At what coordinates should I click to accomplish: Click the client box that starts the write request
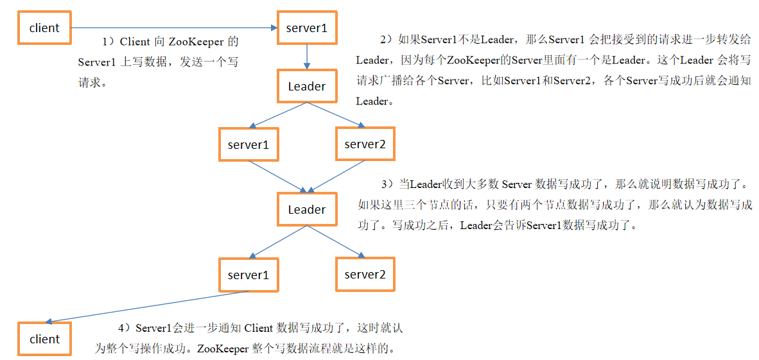pyautogui.click(x=44, y=28)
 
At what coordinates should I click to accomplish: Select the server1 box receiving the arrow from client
pyautogui.click(x=306, y=28)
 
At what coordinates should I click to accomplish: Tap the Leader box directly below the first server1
pyautogui.click(x=306, y=87)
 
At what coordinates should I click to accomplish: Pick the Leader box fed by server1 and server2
pyautogui.click(x=306, y=210)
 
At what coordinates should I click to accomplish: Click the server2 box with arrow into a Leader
pyautogui.click(x=365, y=144)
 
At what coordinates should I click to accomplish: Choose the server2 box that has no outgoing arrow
pyautogui.click(x=365, y=275)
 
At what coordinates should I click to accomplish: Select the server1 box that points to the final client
pyautogui.click(x=248, y=275)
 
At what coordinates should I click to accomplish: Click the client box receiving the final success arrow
pyautogui.click(x=44, y=339)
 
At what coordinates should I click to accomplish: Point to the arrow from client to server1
pyautogui.click(x=173, y=28)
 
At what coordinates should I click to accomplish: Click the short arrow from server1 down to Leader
pyautogui.click(x=307, y=57)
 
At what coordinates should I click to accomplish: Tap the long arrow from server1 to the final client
pyautogui.click(x=148, y=307)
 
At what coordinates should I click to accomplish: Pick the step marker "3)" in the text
pyautogui.click(x=386, y=184)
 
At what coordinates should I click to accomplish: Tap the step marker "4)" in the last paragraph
pyautogui.click(x=124, y=328)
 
